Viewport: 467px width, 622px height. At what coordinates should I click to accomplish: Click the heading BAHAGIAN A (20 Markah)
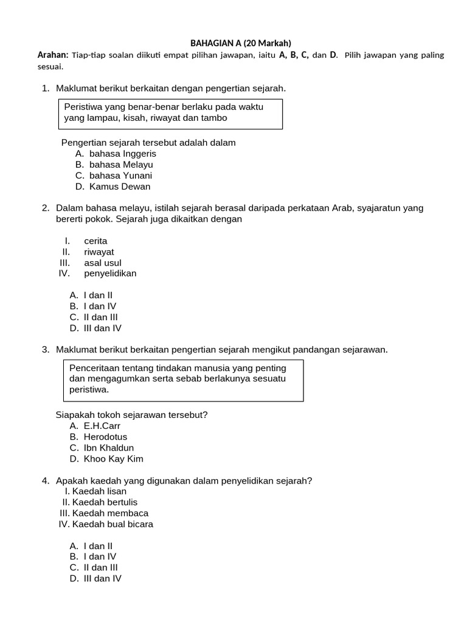(241, 43)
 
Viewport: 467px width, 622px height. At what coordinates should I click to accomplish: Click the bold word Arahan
(53, 55)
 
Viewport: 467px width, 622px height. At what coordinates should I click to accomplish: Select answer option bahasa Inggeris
(122, 154)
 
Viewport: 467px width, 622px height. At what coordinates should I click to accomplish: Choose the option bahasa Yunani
(120, 176)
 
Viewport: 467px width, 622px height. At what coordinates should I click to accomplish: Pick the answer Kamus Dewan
(120, 186)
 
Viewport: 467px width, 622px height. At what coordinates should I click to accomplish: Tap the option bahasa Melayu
(121, 165)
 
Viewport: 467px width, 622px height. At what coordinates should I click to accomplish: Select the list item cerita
(95, 241)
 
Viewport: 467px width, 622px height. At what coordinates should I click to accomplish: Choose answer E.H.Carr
(102, 426)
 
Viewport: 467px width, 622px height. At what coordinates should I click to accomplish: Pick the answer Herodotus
(105, 437)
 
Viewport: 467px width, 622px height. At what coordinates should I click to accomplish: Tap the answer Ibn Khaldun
(109, 448)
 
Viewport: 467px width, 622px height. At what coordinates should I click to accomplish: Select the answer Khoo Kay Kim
(114, 459)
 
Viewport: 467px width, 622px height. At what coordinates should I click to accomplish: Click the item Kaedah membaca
(110, 513)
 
